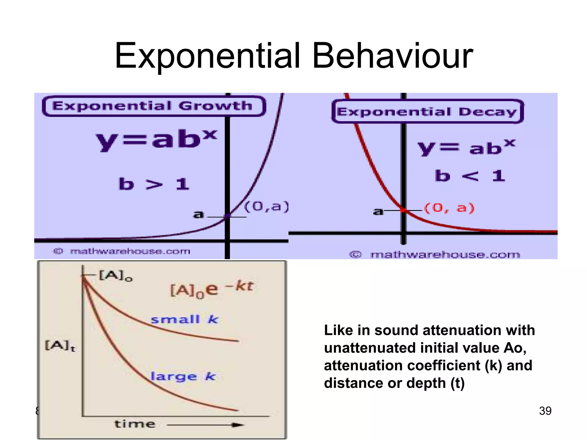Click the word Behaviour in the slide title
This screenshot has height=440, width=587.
point(392,56)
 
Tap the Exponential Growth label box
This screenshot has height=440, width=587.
point(154,106)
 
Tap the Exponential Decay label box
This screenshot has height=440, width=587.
point(427,112)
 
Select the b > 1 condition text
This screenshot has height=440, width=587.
point(154,184)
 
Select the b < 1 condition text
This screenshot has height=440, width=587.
point(470,176)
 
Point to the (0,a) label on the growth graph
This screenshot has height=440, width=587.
point(267,207)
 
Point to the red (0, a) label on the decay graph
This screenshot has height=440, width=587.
point(449,208)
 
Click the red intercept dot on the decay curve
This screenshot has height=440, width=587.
point(404,210)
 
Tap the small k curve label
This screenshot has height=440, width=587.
point(184,319)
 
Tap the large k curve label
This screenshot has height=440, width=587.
point(183,376)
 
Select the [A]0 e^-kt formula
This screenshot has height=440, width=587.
point(212,289)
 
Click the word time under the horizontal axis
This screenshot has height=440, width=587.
point(135,424)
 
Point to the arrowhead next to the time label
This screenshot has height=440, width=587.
point(238,425)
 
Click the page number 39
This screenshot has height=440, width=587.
point(545,411)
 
